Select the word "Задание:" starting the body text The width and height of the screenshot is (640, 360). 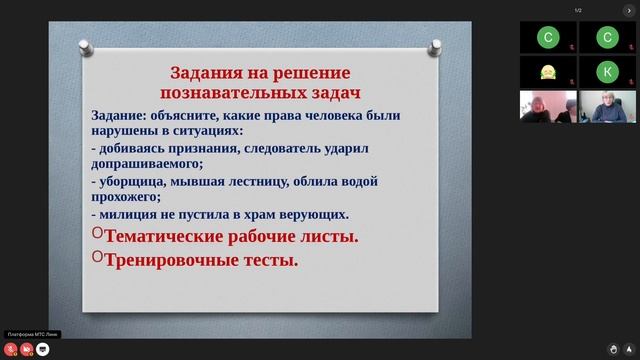click(x=120, y=114)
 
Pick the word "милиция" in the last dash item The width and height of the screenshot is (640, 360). click(x=129, y=214)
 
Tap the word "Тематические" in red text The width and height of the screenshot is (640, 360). click(x=172, y=237)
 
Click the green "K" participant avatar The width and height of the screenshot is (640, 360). click(x=606, y=71)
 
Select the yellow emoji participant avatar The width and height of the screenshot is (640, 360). click(x=548, y=71)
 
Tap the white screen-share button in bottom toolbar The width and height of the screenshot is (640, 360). click(x=42, y=350)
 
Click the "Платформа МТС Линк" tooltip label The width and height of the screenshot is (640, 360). click(x=31, y=334)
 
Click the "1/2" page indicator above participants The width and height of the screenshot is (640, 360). click(x=577, y=11)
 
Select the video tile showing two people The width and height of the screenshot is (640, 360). click(x=548, y=106)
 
